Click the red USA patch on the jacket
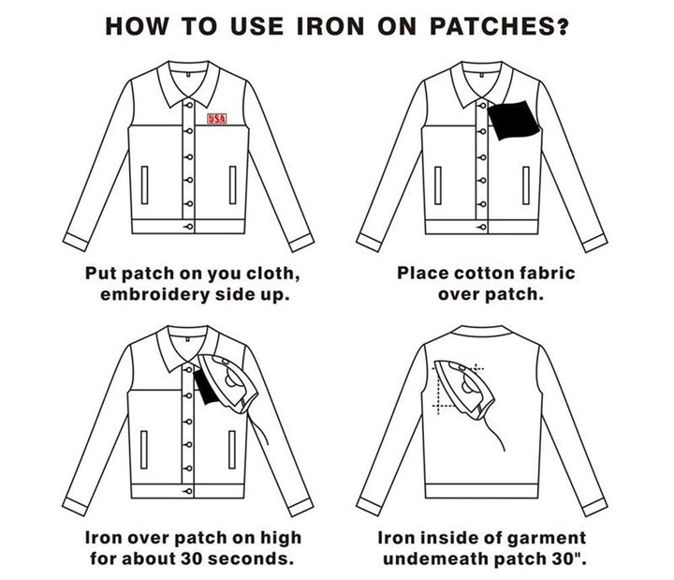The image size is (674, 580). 217,119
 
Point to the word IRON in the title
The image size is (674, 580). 319,25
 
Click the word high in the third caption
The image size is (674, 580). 281,538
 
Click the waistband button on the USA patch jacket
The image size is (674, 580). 190,226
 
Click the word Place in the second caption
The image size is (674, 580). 423,274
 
